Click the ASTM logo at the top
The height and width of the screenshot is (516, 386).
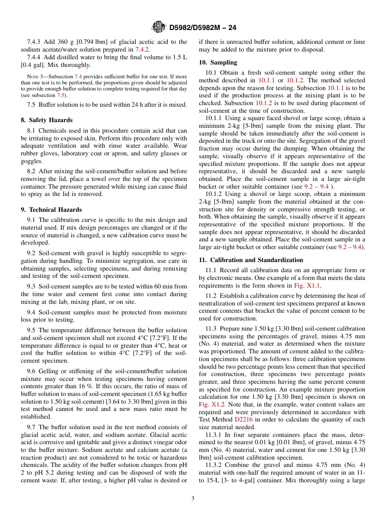158,27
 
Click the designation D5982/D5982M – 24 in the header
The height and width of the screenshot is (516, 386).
202,28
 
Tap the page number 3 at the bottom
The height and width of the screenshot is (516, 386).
193,499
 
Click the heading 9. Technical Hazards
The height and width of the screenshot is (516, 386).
51,210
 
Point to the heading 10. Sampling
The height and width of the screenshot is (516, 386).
218,62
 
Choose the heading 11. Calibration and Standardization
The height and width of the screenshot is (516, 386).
251,260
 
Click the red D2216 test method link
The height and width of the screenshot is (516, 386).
243,419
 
